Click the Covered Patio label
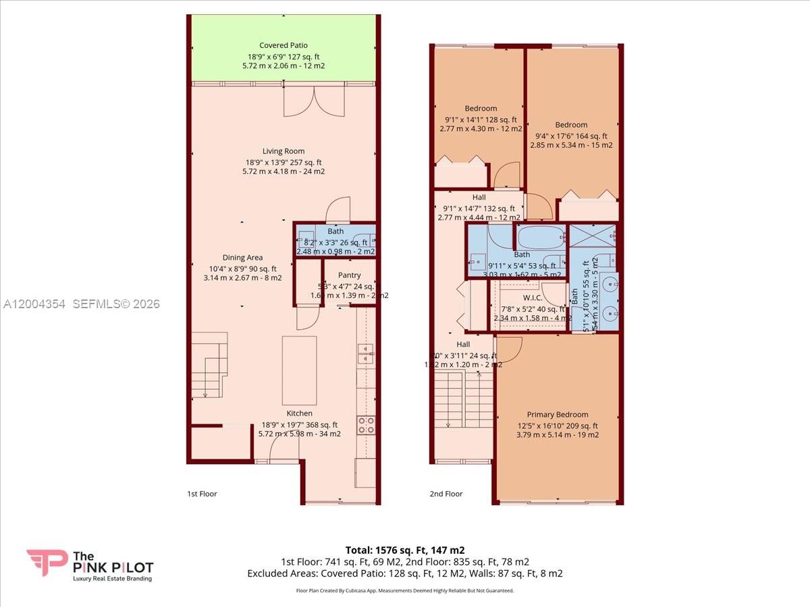pyautogui.click(x=283, y=46)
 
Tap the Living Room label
pyautogui.click(x=283, y=151)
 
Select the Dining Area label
pyautogui.click(x=243, y=258)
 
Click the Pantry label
pyautogui.click(x=349, y=275)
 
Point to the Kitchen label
pyautogui.click(x=299, y=413)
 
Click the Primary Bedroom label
pyautogui.click(x=558, y=415)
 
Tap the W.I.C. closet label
pyautogui.click(x=533, y=298)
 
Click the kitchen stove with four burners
pyautogui.click(x=366, y=425)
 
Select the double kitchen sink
pyautogui.click(x=366, y=353)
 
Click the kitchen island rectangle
pyautogui.click(x=299, y=361)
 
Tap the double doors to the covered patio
pyautogui.click(x=299, y=101)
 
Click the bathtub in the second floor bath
pyautogui.click(x=541, y=238)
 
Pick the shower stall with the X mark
pyautogui.click(x=592, y=236)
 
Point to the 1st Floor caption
pyautogui.click(x=202, y=494)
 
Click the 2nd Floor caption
pyautogui.click(x=446, y=494)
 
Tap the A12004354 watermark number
pyautogui.click(x=34, y=304)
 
